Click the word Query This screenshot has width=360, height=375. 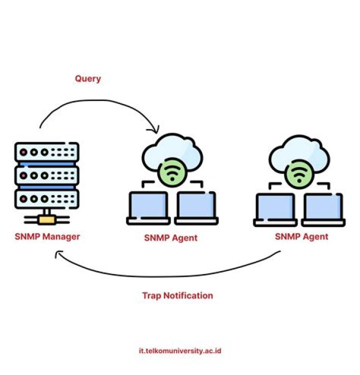pos(88,79)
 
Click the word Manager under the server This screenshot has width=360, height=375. pos(61,236)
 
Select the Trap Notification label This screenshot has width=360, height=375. pos(177,295)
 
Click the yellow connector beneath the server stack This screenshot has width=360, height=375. pos(47,218)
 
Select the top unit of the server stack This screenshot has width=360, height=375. pos(47,152)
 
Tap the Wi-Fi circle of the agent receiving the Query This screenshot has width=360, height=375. pos(172,173)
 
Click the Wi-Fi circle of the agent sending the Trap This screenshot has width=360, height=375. pos(299,173)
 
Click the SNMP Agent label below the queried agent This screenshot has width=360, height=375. pos(171,238)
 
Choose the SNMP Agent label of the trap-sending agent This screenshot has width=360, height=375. pos(302,236)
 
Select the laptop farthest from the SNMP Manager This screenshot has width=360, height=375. pos(324,209)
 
